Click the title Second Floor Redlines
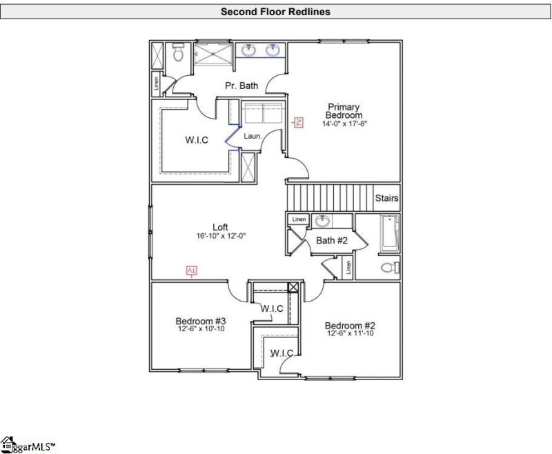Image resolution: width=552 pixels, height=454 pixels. click(275, 12)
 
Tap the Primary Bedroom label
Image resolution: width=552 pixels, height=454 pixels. click(344, 111)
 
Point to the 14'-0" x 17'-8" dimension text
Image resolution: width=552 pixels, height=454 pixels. click(344, 124)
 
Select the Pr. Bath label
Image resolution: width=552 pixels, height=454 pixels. click(241, 86)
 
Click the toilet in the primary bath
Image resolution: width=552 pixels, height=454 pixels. click(178, 53)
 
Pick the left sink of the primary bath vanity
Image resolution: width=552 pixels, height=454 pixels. click(249, 50)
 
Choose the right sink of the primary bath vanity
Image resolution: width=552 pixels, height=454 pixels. click(273, 50)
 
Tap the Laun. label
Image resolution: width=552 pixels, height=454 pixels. click(252, 136)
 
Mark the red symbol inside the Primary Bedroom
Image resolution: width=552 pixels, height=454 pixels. click(299, 123)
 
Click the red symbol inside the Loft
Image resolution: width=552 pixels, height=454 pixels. click(192, 270)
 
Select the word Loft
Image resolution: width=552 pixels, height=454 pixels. click(220, 227)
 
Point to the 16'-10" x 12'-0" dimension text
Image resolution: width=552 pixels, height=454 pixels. click(221, 236)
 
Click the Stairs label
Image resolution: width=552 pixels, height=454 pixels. click(386, 198)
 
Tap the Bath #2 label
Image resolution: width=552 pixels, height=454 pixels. click(331, 240)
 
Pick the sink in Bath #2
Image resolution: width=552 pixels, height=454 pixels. click(322, 221)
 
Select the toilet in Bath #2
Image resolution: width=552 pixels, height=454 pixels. click(389, 268)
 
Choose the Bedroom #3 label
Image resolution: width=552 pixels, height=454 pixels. click(201, 321)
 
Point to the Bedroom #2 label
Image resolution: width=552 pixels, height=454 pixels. click(350, 325)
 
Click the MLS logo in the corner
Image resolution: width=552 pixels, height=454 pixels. click(28, 445)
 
